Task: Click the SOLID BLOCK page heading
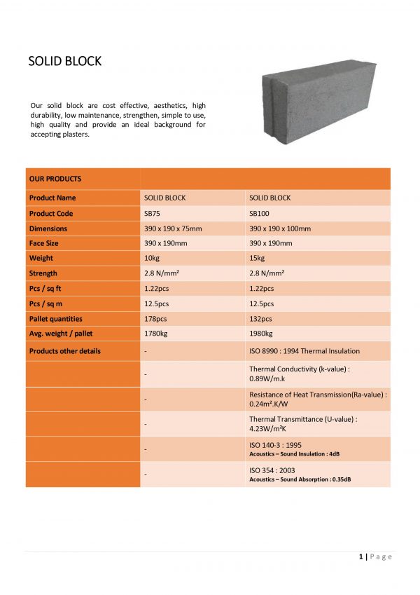coord(65,61)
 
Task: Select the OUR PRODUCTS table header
coord(55,179)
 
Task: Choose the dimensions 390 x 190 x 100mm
coord(280,228)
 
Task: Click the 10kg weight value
coord(150,259)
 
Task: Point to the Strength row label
coord(43,273)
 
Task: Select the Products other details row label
coord(65,350)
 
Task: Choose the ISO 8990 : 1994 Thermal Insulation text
coord(304,350)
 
